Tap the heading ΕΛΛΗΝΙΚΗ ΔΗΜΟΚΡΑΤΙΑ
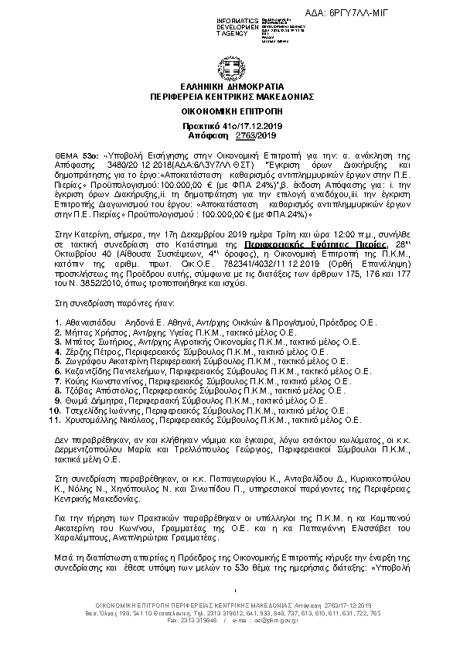click(230, 87)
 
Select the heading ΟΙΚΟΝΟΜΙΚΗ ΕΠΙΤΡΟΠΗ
click(230, 111)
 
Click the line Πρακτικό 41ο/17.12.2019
click(230, 126)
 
